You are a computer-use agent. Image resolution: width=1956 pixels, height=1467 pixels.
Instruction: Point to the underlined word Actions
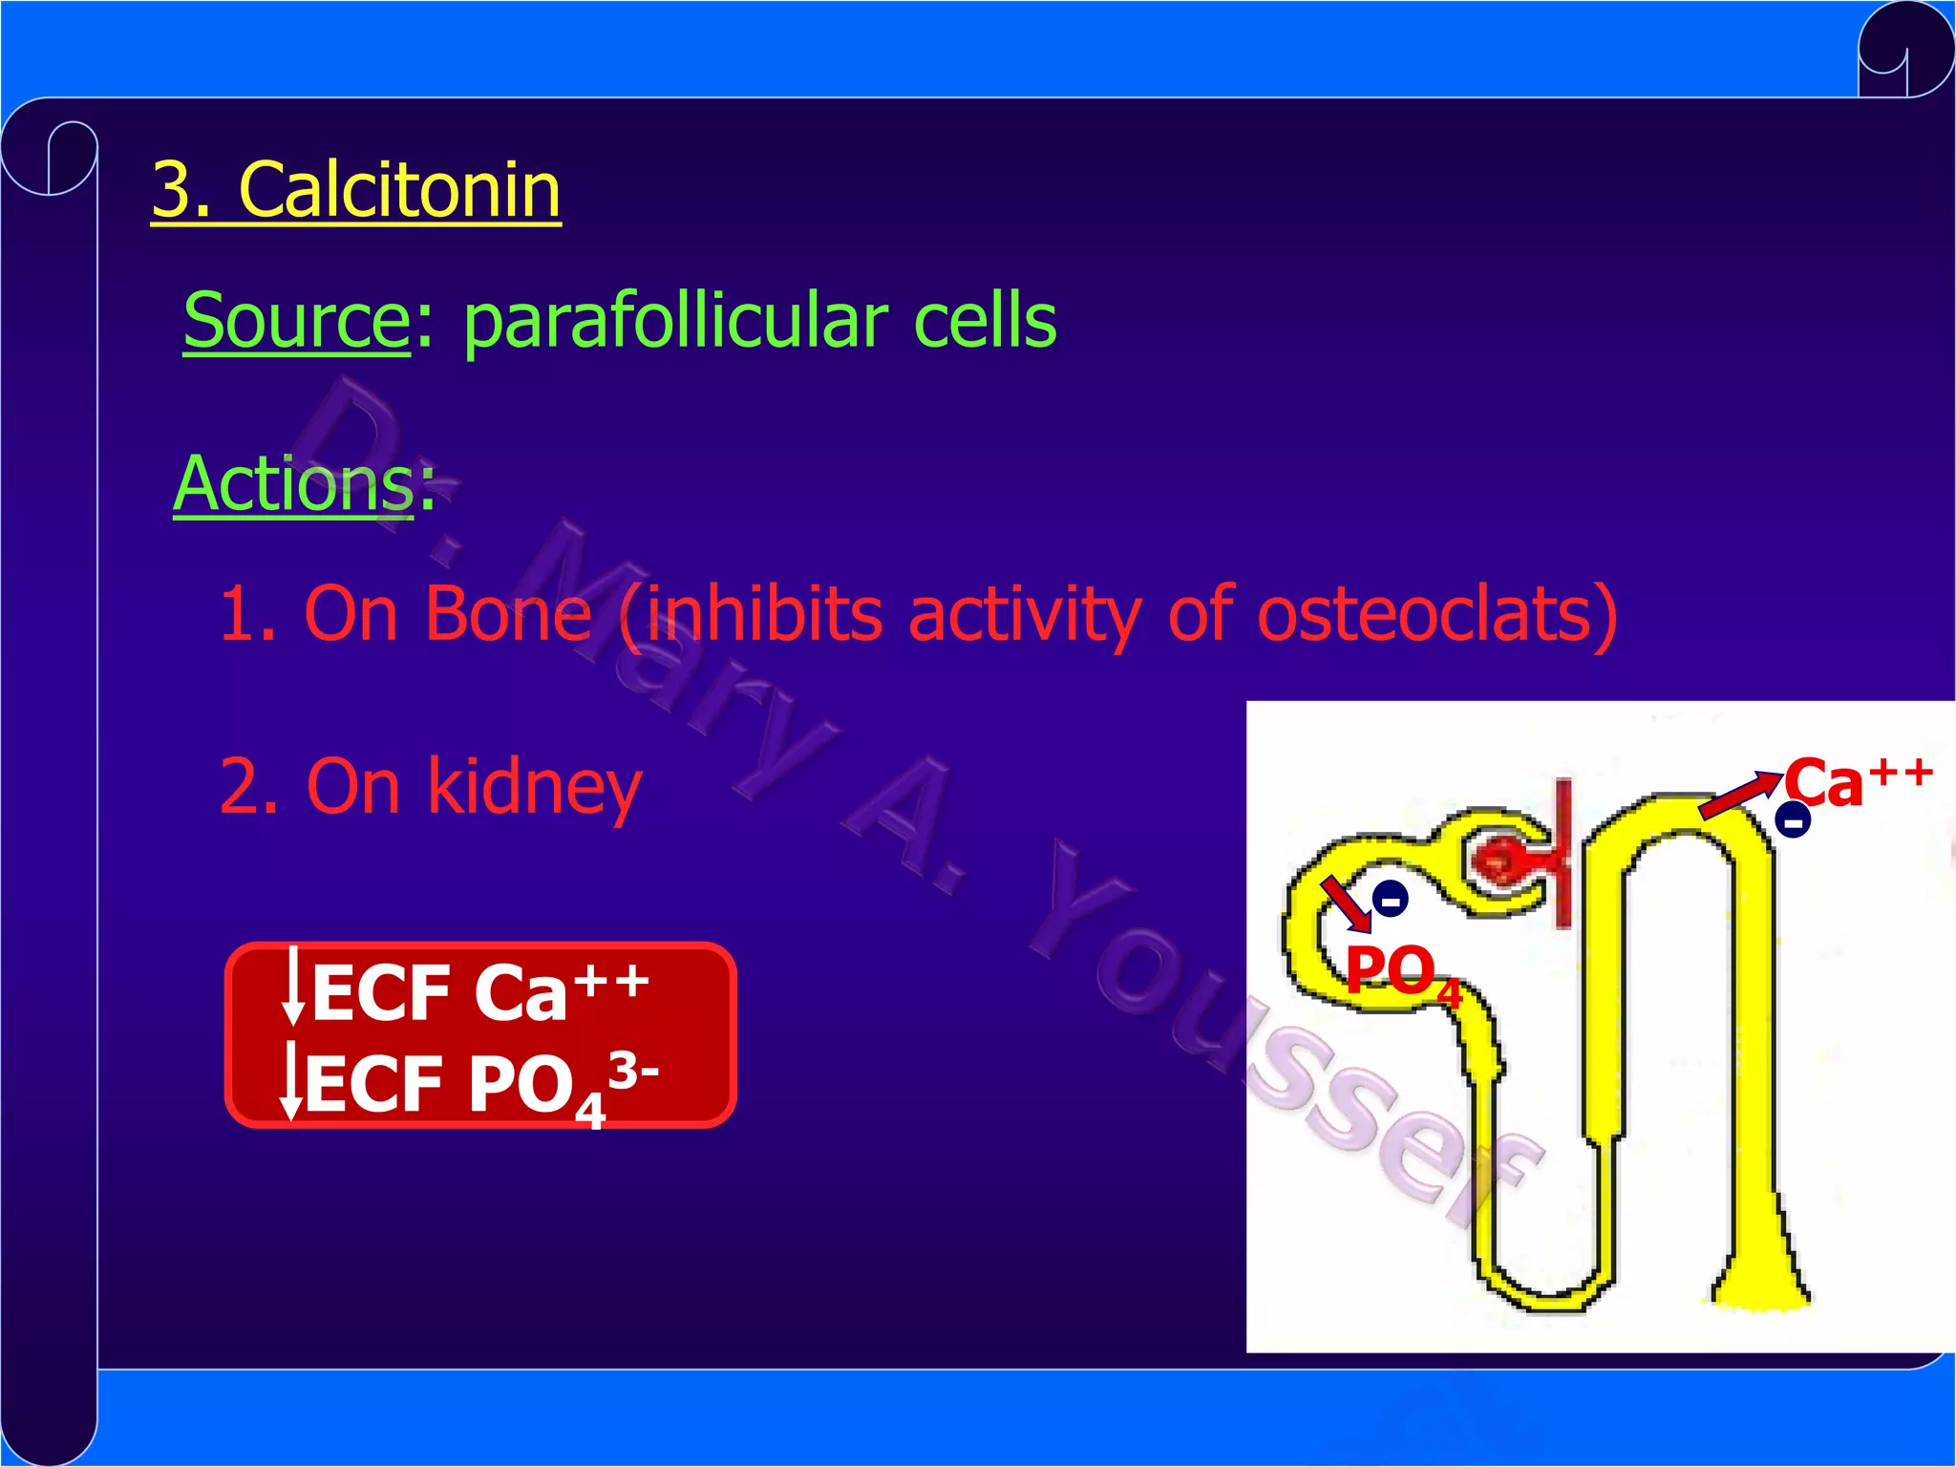click(293, 484)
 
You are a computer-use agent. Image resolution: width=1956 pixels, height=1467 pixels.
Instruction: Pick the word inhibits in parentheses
click(764, 613)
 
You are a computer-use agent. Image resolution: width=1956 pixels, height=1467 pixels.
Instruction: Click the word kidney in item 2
click(534, 787)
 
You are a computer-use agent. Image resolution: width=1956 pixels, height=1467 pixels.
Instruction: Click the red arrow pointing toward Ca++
click(1738, 795)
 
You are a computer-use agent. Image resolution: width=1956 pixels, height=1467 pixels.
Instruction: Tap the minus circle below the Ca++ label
click(1793, 820)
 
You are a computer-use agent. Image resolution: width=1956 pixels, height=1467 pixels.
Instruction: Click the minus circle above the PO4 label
click(1391, 900)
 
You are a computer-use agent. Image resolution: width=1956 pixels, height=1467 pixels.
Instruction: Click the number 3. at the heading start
click(181, 190)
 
